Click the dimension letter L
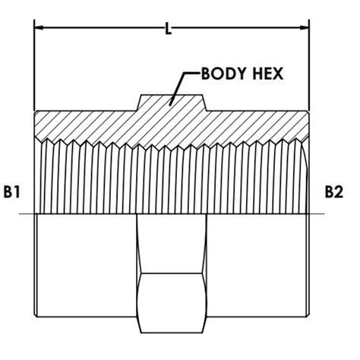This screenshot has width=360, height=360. pos(169,30)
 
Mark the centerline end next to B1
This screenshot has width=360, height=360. pos(26,216)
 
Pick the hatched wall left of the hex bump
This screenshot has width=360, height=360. pos(84,123)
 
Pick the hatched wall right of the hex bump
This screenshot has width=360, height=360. pos(258,123)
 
